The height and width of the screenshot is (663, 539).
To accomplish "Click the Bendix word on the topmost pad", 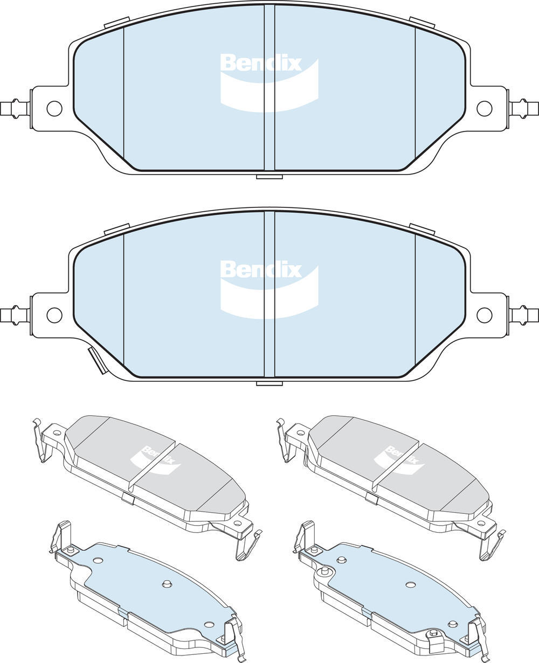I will [x=260, y=63].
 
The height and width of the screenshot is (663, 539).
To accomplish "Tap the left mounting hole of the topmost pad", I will [x=54, y=108].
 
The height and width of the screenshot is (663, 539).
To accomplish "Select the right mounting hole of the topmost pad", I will [x=484, y=108].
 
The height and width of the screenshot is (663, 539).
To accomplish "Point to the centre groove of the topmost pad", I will [x=269, y=89].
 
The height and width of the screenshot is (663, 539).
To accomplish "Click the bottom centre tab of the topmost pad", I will [x=269, y=177].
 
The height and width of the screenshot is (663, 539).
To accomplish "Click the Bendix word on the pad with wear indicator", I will [x=260, y=269].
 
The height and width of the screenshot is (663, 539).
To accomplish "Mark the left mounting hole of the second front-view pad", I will [x=54, y=315].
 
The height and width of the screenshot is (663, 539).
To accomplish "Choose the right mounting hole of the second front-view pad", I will [x=484, y=315].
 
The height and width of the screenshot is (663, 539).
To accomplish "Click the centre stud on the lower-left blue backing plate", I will [x=167, y=584].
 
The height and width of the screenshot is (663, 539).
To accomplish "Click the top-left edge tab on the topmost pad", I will [x=116, y=23].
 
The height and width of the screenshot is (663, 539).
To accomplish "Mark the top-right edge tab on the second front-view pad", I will [x=422, y=228].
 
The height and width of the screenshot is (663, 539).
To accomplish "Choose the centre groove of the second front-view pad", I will [x=269, y=295].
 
